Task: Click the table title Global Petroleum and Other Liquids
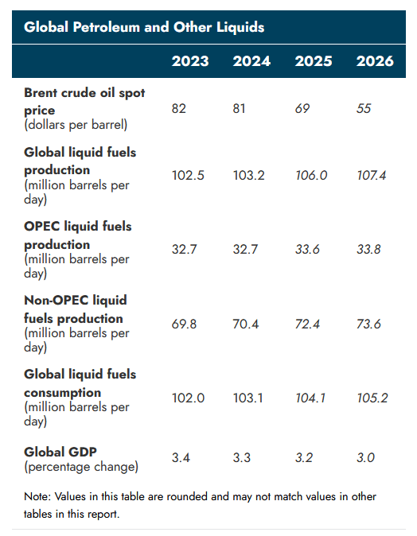coord(144,27)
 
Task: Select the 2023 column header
coord(190,61)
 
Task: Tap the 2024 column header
coord(251,61)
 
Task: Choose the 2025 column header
coord(314,61)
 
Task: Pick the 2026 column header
coord(375,61)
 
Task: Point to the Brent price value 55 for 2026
coord(364,107)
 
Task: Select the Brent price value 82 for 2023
coord(179,107)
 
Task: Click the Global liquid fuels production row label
coord(80,161)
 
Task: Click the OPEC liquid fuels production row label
coord(78,235)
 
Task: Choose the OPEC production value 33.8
coord(371,250)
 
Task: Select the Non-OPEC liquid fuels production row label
coord(75,309)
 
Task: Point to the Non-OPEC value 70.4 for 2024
coord(248,324)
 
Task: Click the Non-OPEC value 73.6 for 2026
coord(371,324)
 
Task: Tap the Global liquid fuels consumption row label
coord(80,383)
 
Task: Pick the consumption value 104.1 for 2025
coord(310,398)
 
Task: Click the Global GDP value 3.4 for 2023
coord(181,458)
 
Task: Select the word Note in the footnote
coord(37,496)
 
